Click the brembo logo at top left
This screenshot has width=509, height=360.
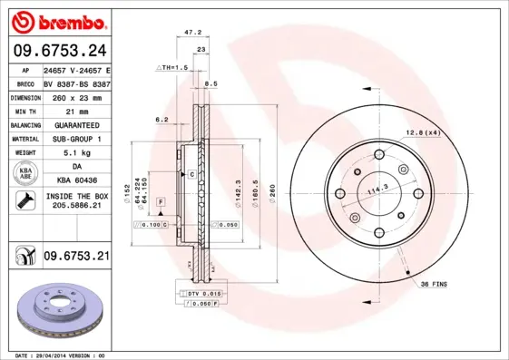pos(56,21)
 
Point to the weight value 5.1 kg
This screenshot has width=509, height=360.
pos(75,152)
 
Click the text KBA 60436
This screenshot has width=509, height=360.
pos(76,181)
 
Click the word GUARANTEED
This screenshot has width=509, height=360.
pos(76,124)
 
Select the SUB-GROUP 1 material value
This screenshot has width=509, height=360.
pos(76,139)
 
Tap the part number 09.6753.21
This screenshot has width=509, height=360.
pos(76,257)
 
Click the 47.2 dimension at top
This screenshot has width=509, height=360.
pos(192,32)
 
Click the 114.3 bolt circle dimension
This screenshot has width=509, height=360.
pos(377,189)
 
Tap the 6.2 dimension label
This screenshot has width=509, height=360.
pos(162,119)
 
